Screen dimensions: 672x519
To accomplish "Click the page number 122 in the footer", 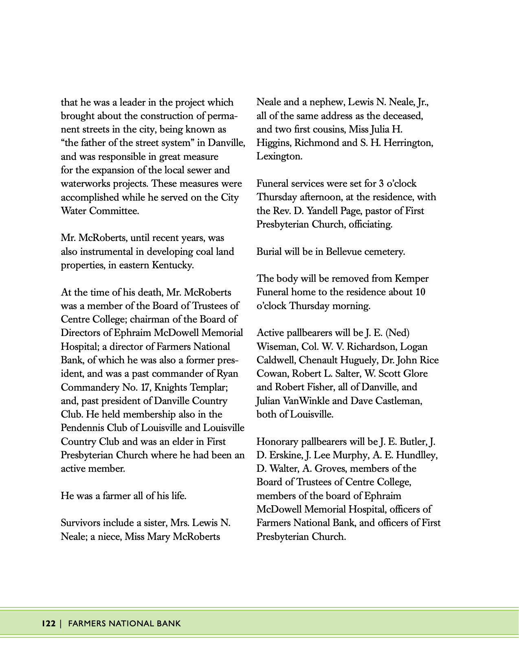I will pos(48,623).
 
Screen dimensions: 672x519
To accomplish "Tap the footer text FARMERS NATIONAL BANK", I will pos(124,623).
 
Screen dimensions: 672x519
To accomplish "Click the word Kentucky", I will pos(173,265).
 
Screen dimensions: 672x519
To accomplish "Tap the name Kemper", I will pos(411,279).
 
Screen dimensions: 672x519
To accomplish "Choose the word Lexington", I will pos(279,156).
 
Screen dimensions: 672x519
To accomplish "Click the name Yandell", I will pos(330,211).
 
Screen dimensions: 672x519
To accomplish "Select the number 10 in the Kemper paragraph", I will pos(420,292).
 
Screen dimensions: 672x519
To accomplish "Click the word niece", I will pos(109,537).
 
